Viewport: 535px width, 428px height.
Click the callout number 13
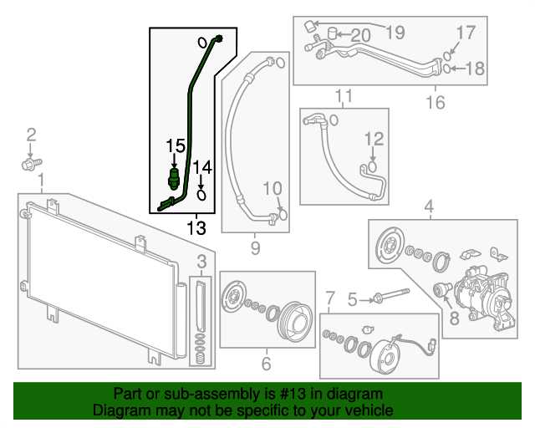coord(196,227)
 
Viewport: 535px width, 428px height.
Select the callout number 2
coord(32,135)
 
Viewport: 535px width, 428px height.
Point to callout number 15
coord(174,146)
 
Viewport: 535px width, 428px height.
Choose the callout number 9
coord(256,247)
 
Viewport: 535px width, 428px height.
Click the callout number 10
coord(274,186)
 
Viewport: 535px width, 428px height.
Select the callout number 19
coord(395,33)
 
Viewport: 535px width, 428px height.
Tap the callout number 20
coord(360,35)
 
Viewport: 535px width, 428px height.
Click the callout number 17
coord(466,33)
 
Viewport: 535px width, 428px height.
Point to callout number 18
coord(474,69)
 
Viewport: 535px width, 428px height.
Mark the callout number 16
coord(436,103)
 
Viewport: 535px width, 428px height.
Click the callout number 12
coord(373,139)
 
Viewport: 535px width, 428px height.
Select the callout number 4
coord(429,206)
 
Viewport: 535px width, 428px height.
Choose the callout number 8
coord(455,318)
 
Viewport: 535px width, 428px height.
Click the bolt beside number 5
coord(388,297)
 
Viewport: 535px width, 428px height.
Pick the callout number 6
coord(266,364)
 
